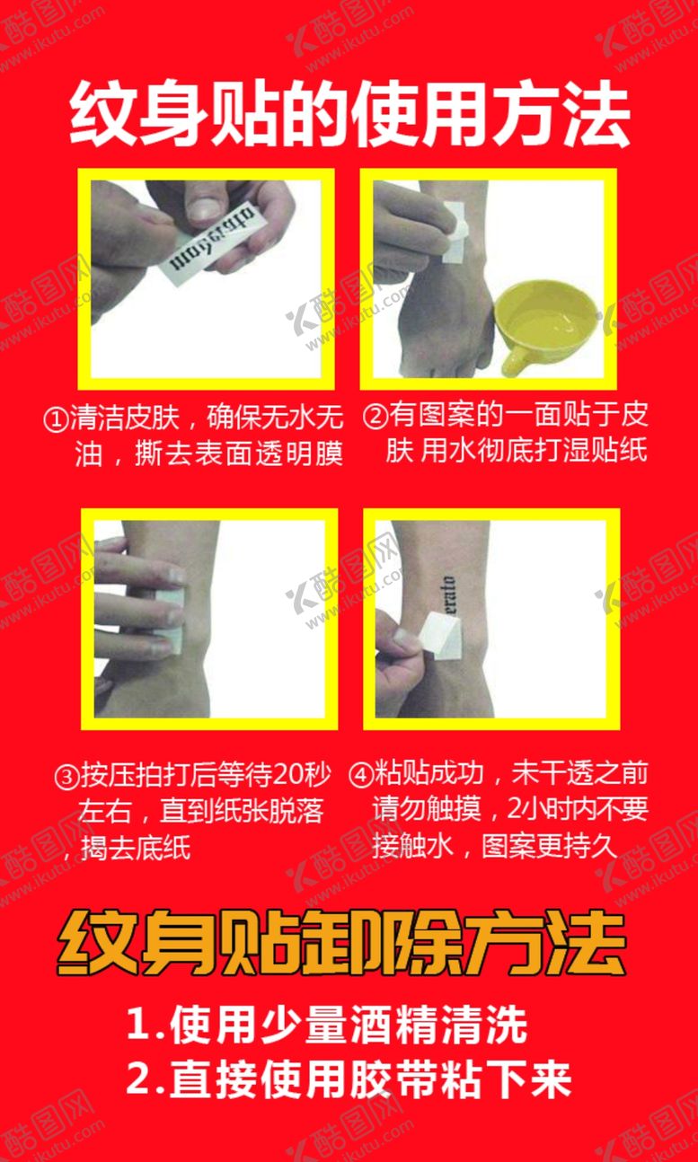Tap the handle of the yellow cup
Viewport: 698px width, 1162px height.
coord(517,360)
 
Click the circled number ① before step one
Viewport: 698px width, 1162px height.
coord(57,418)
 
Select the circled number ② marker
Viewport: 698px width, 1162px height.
coord(375,418)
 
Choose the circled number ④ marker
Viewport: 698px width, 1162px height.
coord(360,774)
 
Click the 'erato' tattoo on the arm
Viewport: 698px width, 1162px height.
coord(450,593)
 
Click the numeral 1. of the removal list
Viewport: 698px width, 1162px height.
coord(142,1026)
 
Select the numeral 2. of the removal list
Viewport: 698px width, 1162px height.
coord(142,1080)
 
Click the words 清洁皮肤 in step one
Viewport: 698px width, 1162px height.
coord(125,418)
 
